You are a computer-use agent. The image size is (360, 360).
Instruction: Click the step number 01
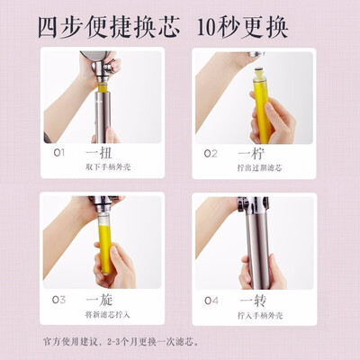click(x=59, y=153)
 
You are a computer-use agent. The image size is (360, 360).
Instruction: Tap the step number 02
click(x=211, y=154)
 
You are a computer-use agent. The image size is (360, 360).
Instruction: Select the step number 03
click(x=58, y=300)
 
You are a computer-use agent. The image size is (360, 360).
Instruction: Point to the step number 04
click(x=211, y=301)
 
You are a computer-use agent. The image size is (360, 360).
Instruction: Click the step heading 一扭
click(x=99, y=153)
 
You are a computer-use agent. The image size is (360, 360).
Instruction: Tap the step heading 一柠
click(x=251, y=154)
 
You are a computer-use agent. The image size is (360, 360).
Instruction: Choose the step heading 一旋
click(x=99, y=300)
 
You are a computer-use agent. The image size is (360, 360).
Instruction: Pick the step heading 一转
click(x=253, y=301)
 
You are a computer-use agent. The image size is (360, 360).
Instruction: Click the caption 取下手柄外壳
click(x=108, y=167)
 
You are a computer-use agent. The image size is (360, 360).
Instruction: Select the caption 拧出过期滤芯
click(x=260, y=167)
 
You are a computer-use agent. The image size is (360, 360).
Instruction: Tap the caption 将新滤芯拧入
click(x=107, y=315)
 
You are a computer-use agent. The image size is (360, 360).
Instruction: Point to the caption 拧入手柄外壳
click(x=260, y=315)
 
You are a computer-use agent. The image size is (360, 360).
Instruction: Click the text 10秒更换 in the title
click(x=243, y=28)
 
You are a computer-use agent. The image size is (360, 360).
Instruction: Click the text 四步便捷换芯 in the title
click(x=109, y=28)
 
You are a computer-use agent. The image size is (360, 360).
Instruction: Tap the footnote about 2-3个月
click(x=121, y=342)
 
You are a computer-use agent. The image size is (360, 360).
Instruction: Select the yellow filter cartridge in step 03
click(x=105, y=242)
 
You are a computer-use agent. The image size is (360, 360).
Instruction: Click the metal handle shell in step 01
click(x=103, y=117)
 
